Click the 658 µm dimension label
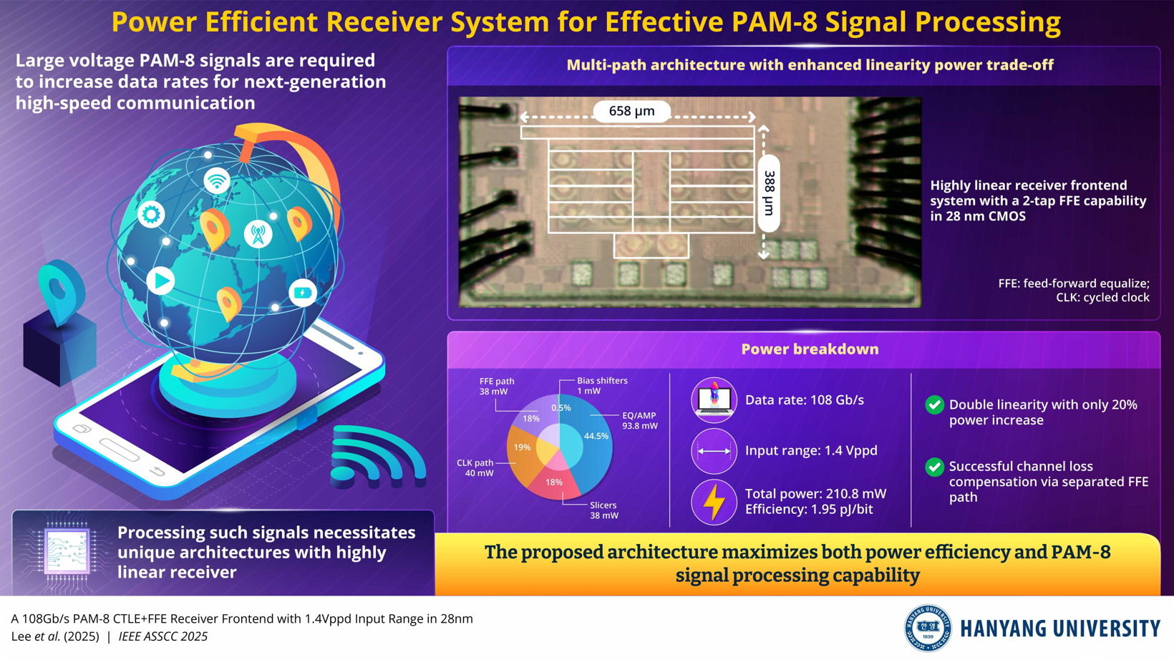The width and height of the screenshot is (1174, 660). (x=631, y=111)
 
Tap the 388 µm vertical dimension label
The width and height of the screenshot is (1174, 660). (x=769, y=193)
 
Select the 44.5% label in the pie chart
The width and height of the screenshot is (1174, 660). (x=596, y=436)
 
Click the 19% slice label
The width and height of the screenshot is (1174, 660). (x=522, y=447)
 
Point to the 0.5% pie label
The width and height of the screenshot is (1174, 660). (x=561, y=408)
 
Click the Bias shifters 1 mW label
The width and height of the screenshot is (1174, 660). (x=601, y=386)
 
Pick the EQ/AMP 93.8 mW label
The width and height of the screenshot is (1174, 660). (x=639, y=421)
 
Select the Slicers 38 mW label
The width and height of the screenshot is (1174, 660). (x=603, y=510)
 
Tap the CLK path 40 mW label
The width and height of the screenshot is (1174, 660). (x=476, y=468)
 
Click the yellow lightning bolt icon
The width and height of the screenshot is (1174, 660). (x=714, y=502)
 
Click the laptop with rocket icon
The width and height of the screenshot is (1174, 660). (x=714, y=399)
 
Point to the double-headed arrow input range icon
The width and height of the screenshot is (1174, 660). (x=714, y=451)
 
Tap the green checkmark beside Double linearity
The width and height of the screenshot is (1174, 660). (x=934, y=405)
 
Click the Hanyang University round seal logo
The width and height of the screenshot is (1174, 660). (x=928, y=628)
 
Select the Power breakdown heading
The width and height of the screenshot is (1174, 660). (x=810, y=349)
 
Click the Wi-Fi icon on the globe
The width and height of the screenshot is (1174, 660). (x=216, y=180)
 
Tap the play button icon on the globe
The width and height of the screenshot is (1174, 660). (x=160, y=281)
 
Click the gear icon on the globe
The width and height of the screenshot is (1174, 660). (x=151, y=214)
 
